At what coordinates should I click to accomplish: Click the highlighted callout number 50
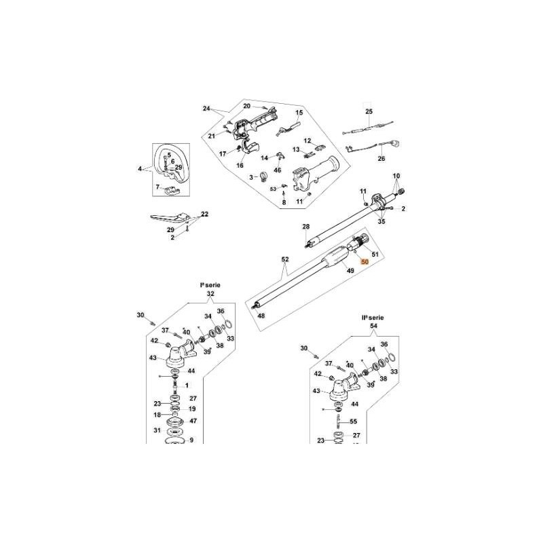click(x=364, y=261)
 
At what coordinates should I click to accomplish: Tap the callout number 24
click(x=206, y=109)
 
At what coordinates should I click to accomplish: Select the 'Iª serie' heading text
click(x=210, y=286)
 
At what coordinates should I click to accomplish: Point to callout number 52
click(x=285, y=259)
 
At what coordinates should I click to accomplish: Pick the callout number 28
click(x=305, y=226)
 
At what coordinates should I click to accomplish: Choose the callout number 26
click(x=381, y=158)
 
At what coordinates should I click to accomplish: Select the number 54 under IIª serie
click(x=373, y=326)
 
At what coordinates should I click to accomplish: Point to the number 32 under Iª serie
click(x=210, y=294)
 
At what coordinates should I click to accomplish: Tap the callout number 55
click(x=353, y=422)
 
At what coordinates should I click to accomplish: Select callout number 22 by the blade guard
click(x=204, y=214)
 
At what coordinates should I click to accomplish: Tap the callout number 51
click(x=375, y=254)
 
